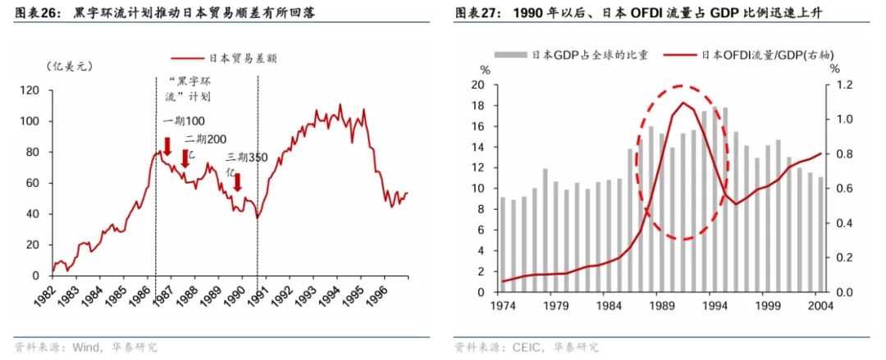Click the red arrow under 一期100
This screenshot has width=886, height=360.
tap(167, 147)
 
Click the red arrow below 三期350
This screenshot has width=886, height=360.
tap(237, 182)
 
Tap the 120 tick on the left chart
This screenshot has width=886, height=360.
tap(30, 90)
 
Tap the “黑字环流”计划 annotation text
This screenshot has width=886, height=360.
tap(188, 89)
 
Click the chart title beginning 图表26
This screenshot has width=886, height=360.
tap(169, 13)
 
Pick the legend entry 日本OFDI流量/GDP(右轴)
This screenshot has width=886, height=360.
tap(759, 55)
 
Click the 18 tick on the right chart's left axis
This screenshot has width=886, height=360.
tap(477, 106)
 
